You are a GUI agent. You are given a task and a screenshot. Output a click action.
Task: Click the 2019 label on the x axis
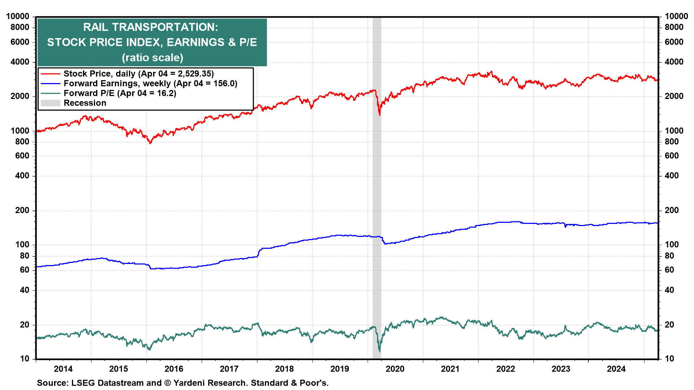(339, 369)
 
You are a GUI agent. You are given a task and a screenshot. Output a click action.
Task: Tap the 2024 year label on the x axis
(616, 369)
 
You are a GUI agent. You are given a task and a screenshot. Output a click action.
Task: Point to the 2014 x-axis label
(63, 369)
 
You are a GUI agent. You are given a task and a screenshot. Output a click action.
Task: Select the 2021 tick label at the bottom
(450, 369)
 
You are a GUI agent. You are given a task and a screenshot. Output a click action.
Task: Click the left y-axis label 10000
(18, 16)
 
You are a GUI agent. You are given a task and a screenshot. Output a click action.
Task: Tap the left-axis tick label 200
(22, 210)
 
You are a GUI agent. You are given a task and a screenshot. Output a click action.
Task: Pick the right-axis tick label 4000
(674, 62)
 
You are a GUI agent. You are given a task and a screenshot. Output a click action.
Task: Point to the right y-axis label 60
(669, 270)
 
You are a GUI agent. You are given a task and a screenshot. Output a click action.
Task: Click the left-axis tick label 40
(24, 290)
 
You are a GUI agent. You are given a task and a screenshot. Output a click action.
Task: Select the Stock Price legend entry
(138, 74)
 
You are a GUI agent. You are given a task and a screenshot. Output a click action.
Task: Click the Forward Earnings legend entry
(150, 83)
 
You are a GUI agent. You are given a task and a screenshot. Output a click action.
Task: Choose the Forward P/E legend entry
(120, 93)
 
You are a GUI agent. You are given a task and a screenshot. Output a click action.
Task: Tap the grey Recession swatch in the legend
(50, 103)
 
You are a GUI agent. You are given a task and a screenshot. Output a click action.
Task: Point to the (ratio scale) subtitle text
(152, 57)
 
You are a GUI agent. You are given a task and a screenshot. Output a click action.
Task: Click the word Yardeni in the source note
(189, 383)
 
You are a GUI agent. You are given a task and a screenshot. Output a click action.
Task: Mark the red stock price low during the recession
(380, 115)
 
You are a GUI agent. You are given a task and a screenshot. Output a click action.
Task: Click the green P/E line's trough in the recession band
(380, 351)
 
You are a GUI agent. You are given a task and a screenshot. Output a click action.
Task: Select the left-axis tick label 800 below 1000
(22, 142)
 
